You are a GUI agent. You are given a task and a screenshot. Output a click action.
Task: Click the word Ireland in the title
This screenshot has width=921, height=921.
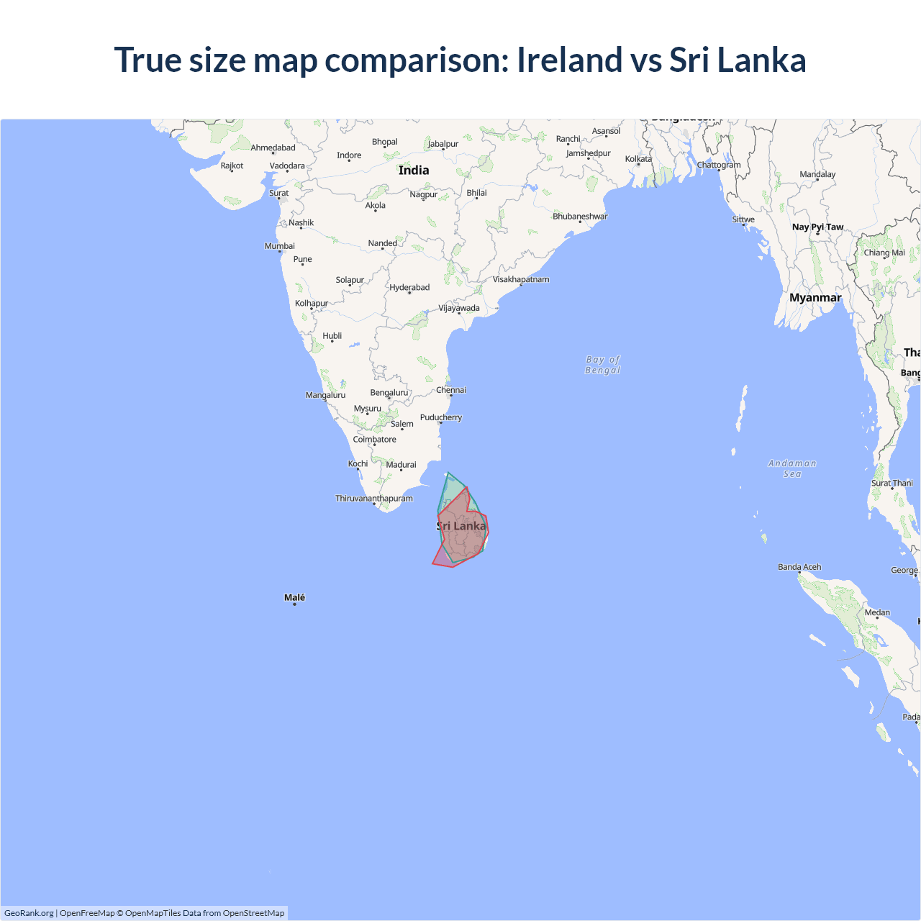click(569, 60)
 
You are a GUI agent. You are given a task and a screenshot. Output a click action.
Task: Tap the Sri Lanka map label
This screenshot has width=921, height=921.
click(461, 526)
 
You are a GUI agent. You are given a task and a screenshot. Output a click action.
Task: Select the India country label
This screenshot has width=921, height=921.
click(414, 171)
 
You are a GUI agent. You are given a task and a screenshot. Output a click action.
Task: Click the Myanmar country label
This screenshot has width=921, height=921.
click(815, 298)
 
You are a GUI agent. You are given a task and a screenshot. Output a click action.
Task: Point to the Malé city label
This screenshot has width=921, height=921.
click(294, 597)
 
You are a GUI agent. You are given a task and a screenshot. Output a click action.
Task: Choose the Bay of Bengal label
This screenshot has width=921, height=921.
click(603, 365)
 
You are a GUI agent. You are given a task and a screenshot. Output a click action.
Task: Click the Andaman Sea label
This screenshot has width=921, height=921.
click(792, 468)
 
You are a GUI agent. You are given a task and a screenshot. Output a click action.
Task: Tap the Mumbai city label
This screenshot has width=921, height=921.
click(280, 246)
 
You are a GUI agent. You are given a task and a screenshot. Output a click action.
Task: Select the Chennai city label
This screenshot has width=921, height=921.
click(451, 390)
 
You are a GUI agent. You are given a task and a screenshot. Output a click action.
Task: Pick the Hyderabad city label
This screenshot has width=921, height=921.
click(409, 287)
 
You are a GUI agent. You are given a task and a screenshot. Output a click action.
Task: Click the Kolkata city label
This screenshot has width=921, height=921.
click(638, 159)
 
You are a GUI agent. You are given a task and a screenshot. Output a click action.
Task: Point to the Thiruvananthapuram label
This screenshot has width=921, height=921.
click(374, 498)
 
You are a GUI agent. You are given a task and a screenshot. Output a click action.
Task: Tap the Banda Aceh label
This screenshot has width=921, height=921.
click(799, 567)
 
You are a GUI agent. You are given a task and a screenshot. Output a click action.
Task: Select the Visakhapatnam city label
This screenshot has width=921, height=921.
click(521, 279)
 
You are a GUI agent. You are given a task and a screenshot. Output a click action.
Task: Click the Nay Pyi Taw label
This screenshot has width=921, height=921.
click(817, 227)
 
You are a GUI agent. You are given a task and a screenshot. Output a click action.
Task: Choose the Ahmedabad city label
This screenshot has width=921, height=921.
click(273, 148)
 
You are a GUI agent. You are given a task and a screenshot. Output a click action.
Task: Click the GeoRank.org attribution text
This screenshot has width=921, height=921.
click(29, 913)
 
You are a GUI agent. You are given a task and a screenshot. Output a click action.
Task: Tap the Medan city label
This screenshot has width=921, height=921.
click(877, 612)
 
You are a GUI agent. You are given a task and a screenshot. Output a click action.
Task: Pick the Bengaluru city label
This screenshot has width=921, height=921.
click(389, 392)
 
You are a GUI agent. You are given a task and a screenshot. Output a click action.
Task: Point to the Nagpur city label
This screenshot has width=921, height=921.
click(424, 194)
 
